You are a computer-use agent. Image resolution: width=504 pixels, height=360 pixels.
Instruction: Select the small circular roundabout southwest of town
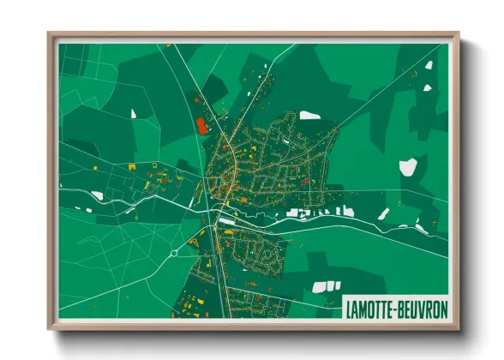pos(172,252)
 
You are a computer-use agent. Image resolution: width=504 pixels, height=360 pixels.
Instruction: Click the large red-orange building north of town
pos(202,126)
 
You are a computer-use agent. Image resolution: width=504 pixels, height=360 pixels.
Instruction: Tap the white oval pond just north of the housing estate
pos(309,115)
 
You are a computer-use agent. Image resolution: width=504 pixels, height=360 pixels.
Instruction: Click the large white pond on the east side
pos(409,166)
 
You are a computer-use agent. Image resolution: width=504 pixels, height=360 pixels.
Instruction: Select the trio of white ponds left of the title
pos(326,286)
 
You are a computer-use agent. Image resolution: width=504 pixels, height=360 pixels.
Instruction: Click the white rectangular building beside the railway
pos(228,221)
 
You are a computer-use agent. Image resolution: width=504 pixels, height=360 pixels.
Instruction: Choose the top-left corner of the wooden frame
pos(50,34)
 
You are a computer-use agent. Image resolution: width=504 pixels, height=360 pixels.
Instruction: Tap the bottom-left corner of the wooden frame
pos(50,327)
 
